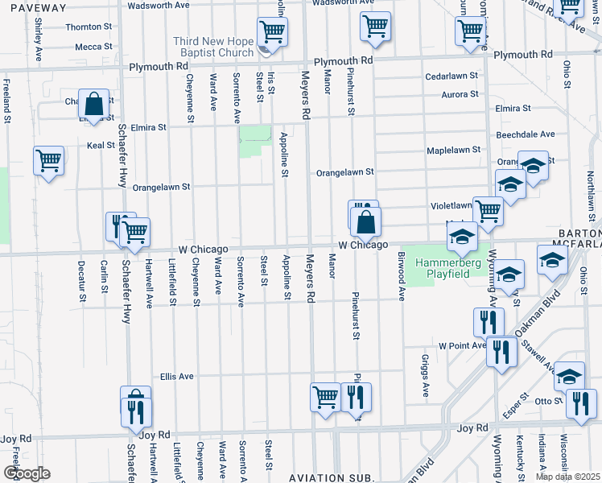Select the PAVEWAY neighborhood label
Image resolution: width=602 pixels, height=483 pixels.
pyautogui.click(x=34, y=7)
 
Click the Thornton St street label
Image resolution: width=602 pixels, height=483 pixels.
pyautogui.click(x=83, y=27)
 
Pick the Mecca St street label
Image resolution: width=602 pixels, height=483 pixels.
pyautogui.click(x=88, y=47)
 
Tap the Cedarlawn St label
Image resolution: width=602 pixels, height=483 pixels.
pyautogui.click(x=452, y=77)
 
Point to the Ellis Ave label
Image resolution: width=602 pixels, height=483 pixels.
pyautogui.click(x=176, y=376)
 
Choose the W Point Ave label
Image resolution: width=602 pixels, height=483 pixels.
pyautogui.click(x=462, y=345)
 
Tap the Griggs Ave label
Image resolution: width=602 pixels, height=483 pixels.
pyautogui.click(x=426, y=376)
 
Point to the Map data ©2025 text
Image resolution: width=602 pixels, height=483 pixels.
pyautogui.click(x=568, y=477)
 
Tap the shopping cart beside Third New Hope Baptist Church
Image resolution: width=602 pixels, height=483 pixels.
pyautogui.click(x=272, y=32)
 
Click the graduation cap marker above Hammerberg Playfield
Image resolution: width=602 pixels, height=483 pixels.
pyautogui.click(x=462, y=237)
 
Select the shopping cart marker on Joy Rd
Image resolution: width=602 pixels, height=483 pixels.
pyautogui.click(x=326, y=396)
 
